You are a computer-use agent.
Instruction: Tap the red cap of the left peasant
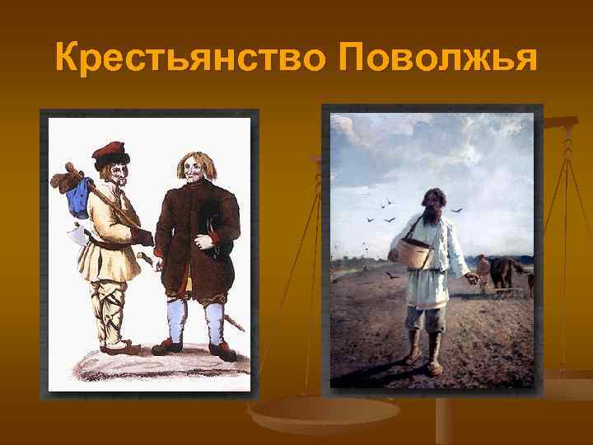coord(112,153)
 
